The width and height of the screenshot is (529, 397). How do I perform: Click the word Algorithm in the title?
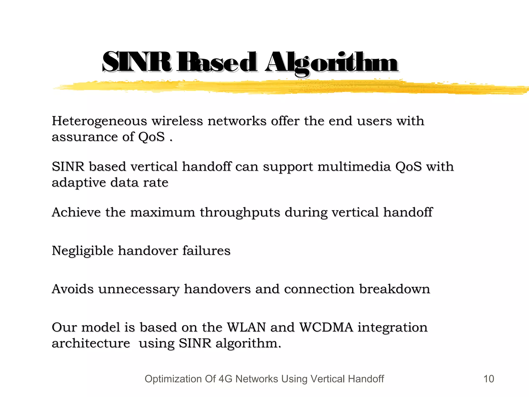pos(332,63)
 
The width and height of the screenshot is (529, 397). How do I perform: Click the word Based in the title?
pos(217,63)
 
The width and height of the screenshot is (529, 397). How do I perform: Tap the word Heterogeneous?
pos(99,121)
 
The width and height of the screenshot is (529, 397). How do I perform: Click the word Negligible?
pos(82,251)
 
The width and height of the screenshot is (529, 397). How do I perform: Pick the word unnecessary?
pos(138,289)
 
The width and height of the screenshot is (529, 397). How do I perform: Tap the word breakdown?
pos(394,289)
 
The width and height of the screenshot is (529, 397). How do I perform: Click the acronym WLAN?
pos(246,327)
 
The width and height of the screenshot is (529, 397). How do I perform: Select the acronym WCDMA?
pos(326,327)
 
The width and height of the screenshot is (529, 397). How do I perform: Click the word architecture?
pos(91,343)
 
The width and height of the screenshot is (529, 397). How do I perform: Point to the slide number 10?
pos(488,379)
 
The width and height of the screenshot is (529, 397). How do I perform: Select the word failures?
pos(206,251)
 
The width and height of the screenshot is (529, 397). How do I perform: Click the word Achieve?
pos(76,212)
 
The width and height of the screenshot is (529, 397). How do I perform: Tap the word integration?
pos(392,327)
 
